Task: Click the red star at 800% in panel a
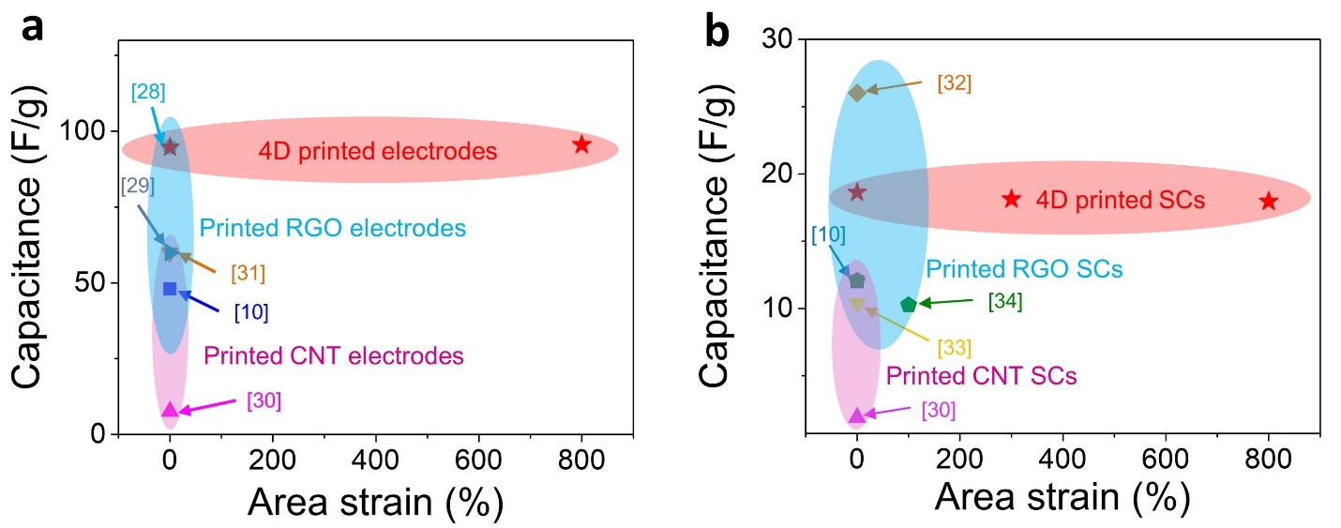[581, 144]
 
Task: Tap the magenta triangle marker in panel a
[170, 410]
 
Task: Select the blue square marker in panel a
[170, 288]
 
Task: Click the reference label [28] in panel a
[148, 92]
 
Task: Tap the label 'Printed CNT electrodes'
[334, 356]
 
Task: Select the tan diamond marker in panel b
[856, 92]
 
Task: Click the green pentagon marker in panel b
[908, 304]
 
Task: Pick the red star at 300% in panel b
[1011, 199]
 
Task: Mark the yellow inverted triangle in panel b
[856, 305]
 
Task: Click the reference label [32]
[954, 83]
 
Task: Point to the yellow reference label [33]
[955, 348]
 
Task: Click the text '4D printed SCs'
[1120, 200]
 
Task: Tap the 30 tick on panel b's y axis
[779, 39]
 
